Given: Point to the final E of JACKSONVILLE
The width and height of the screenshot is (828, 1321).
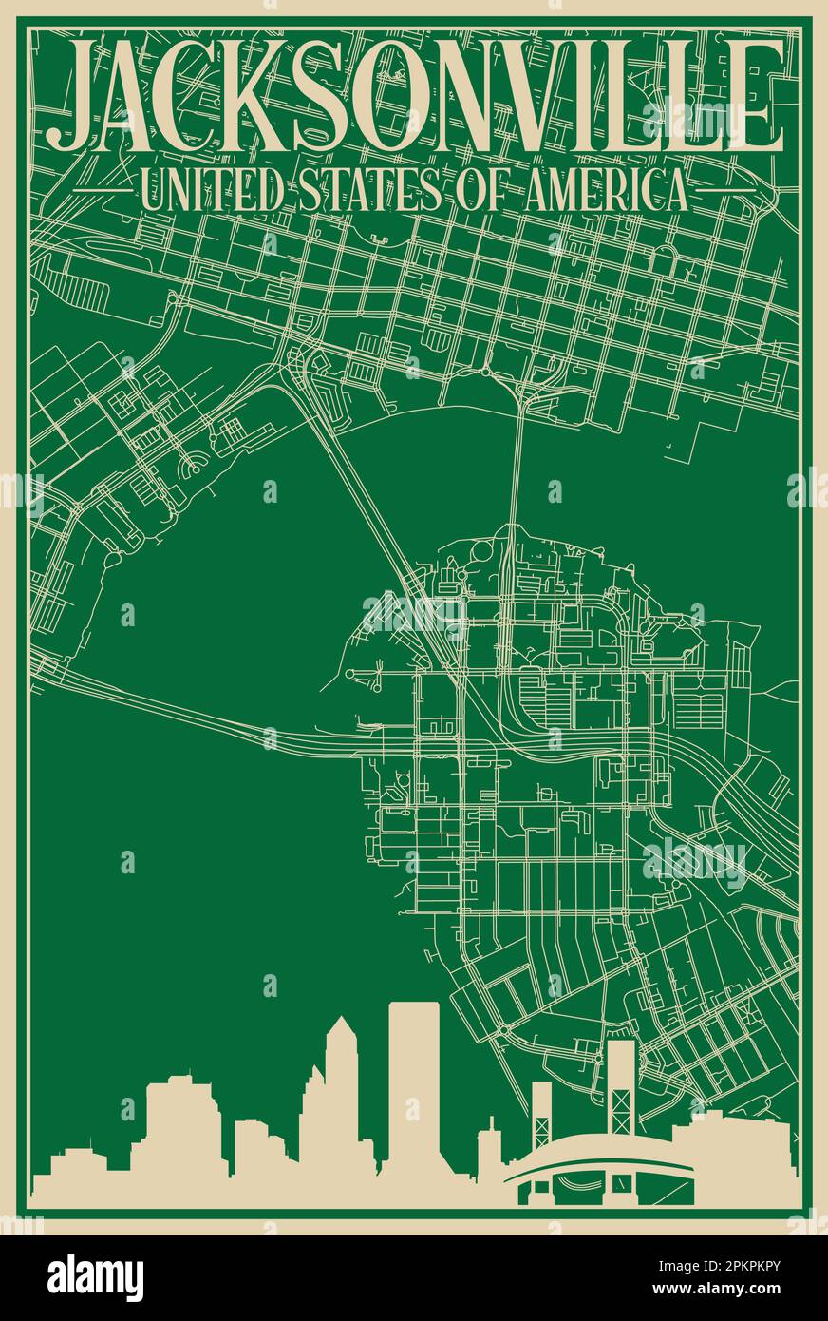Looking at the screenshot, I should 756,95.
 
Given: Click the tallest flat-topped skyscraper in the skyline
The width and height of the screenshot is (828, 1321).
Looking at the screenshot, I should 413,1083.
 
